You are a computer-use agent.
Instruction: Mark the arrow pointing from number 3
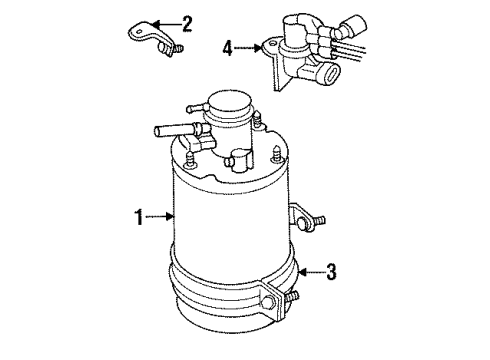311,272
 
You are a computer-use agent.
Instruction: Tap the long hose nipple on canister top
171,130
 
